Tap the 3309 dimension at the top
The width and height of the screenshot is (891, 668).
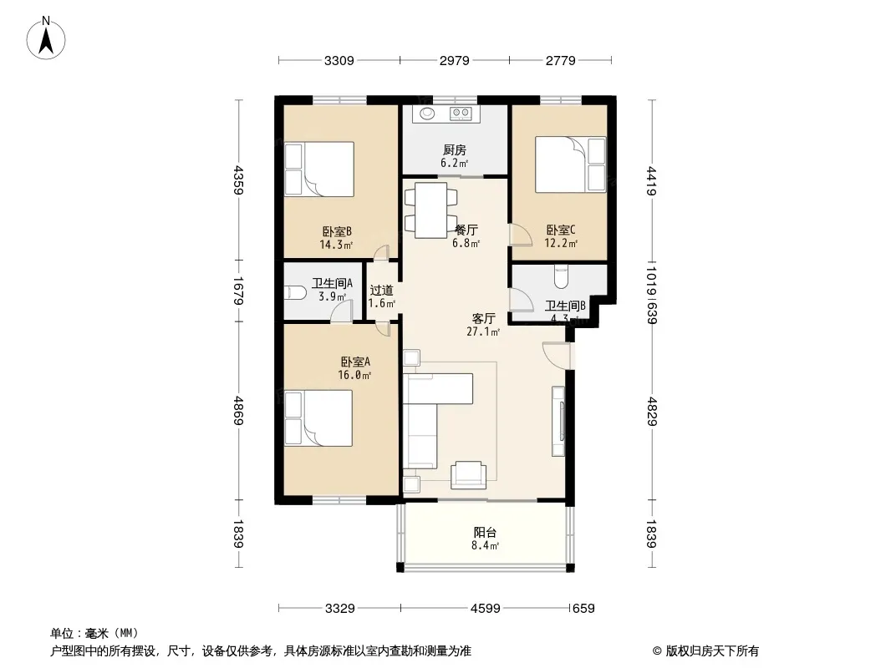pos(339,60)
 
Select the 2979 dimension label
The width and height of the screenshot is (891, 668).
pos(455,60)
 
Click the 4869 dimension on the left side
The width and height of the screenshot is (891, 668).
pos(238,411)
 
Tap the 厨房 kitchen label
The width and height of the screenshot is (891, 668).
pos(454,150)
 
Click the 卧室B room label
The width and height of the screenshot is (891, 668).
pos(335,231)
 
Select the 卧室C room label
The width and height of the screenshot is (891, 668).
pos(561,230)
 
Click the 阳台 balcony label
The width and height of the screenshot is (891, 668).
pos(485,532)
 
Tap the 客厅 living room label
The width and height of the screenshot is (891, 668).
pos(483,318)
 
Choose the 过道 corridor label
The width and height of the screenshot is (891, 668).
pos(381,290)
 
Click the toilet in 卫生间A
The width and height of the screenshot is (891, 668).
pos(297,292)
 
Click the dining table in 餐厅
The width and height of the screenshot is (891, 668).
pos(431,210)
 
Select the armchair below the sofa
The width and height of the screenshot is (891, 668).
pos(466,474)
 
